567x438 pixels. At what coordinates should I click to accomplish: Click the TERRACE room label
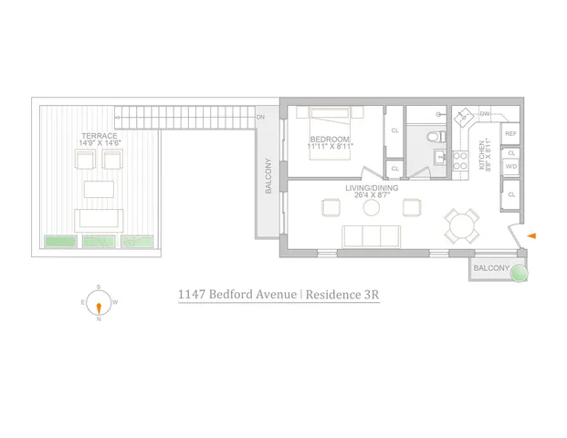point(99,136)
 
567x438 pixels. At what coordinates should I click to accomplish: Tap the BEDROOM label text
point(327,141)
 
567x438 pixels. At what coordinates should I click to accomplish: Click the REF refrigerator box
point(511,134)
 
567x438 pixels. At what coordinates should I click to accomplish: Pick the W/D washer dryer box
point(511,167)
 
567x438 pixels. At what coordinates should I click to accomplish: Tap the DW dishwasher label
point(485,114)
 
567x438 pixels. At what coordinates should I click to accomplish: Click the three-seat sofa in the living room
point(371,235)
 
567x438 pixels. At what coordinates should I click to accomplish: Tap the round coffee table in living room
point(372,207)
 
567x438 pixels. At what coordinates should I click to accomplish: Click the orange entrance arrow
point(532,237)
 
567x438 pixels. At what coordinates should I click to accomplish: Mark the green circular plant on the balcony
point(519,272)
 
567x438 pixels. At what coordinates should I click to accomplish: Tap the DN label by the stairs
point(260,118)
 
